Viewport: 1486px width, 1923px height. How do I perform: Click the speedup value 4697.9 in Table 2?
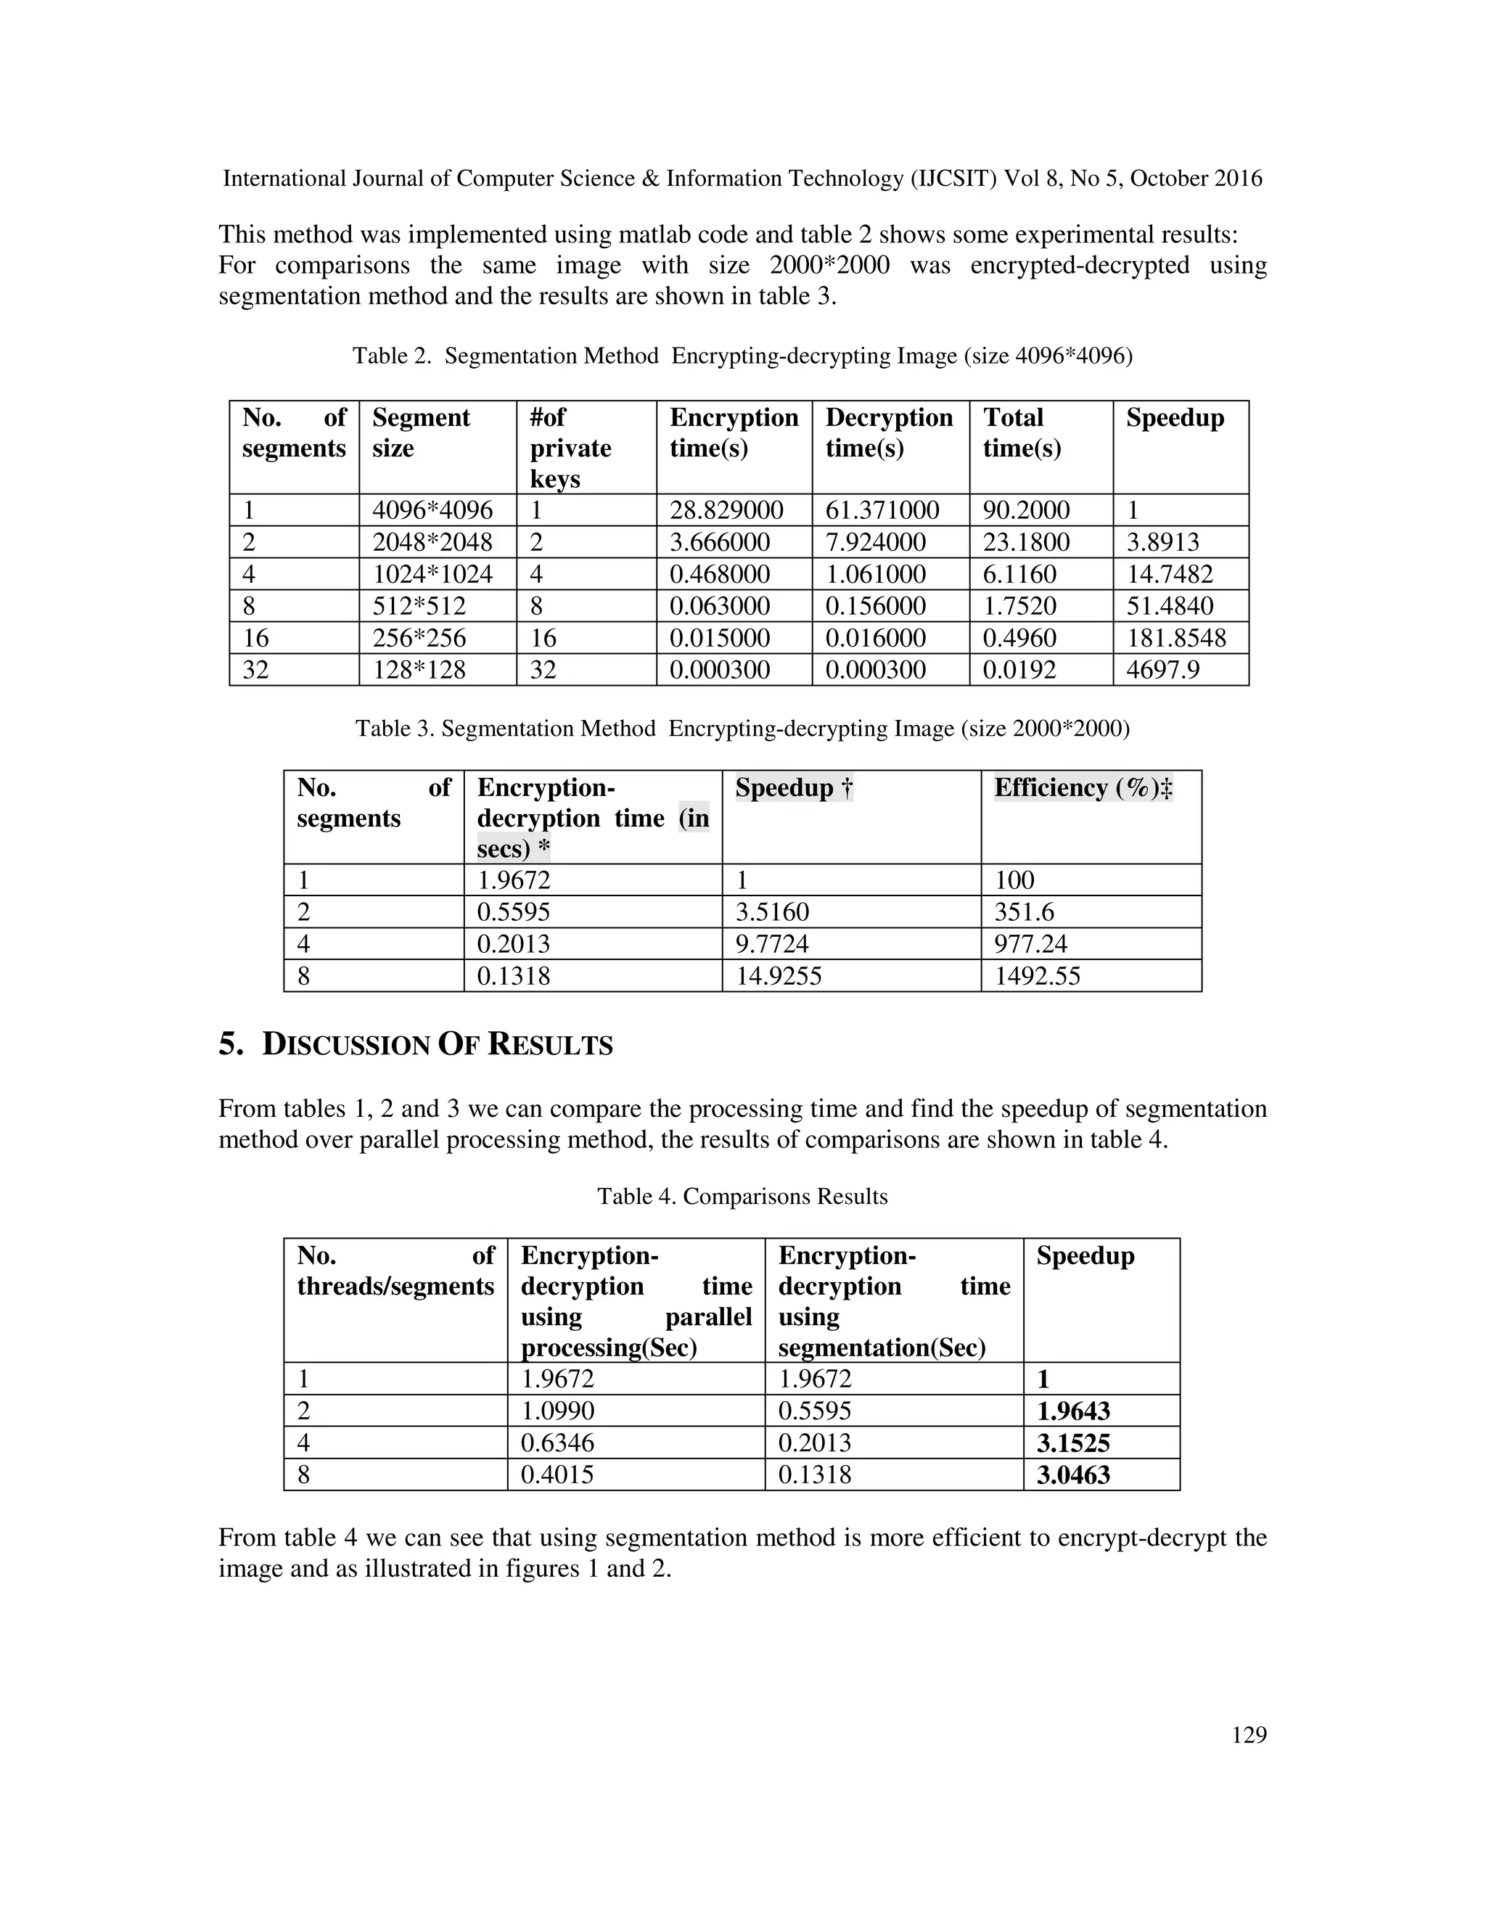(x=1162, y=670)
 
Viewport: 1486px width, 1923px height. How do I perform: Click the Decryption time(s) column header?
(x=889, y=432)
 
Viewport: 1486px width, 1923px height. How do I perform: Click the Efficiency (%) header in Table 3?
(x=1083, y=788)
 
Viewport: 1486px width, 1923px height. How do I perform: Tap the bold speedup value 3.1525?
(x=1072, y=1443)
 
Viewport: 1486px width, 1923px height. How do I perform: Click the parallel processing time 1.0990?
(x=557, y=1411)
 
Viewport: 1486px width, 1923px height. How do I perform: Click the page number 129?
(x=1248, y=1736)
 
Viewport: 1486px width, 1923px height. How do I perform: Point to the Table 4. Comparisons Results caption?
(x=742, y=1197)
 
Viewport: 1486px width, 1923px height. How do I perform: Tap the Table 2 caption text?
(x=742, y=356)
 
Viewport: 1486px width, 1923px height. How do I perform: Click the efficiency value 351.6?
(x=1024, y=912)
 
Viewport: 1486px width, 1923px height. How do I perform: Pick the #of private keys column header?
(x=570, y=448)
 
